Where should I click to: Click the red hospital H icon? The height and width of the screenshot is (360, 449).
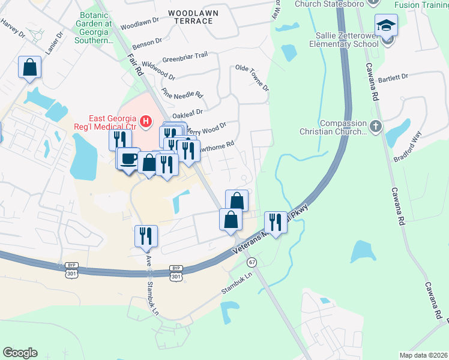click(x=145, y=123)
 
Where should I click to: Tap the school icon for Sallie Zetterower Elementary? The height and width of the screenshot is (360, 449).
click(x=387, y=25)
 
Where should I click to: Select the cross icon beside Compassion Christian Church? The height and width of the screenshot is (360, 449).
click(x=376, y=126)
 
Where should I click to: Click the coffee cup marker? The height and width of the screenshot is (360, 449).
click(x=128, y=158)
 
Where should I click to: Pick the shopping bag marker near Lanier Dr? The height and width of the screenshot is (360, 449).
click(x=29, y=68)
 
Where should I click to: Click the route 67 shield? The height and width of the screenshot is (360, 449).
click(x=252, y=262)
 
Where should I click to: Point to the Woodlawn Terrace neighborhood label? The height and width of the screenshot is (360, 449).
click(x=193, y=17)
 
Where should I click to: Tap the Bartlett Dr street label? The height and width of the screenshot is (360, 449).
click(x=393, y=77)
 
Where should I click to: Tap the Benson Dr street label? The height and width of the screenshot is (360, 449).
click(x=146, y=43)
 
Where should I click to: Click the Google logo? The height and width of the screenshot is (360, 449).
click(x=20, y=353)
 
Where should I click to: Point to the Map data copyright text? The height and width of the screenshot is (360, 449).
click(x=424, y=355)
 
